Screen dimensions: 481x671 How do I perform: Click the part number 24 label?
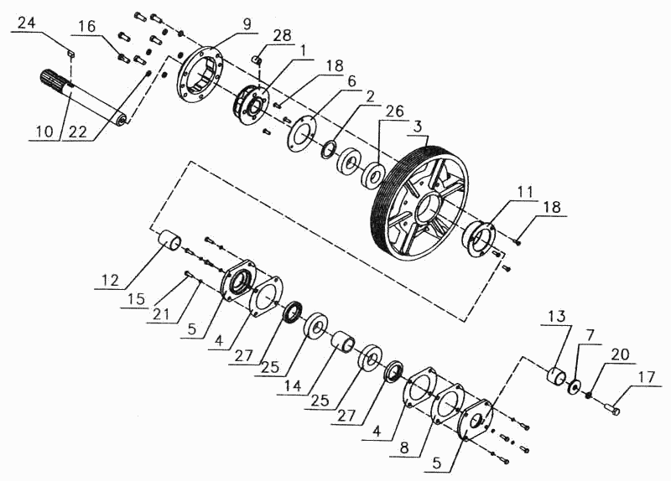pyautogui.click(x=26, y=23)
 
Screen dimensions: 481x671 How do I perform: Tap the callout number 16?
pyautogui.click(x=87, y=27)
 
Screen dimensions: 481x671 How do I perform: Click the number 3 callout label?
pyautogui.click(x=416, y=127)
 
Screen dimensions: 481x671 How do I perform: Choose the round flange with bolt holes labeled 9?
pyautogui.click(x=200, y=75)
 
